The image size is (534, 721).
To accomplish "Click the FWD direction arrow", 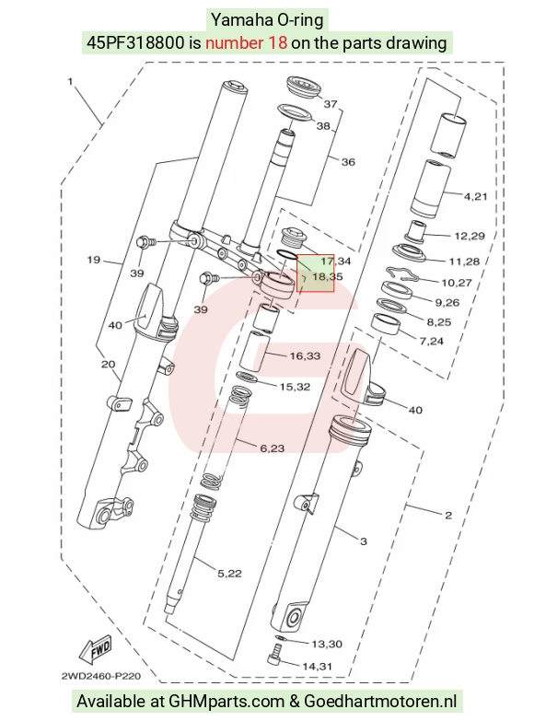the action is click(96, 650).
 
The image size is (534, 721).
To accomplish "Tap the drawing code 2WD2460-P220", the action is click(100, 676).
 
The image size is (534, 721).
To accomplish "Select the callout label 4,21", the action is click(476, 197).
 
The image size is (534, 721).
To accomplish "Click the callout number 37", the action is click(331, 104).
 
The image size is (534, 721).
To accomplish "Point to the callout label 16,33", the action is click(305, 356).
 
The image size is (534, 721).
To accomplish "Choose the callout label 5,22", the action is click(229, 574).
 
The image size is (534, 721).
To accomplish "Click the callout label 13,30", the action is click(327, 644).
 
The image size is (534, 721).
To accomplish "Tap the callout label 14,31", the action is click(318, 667).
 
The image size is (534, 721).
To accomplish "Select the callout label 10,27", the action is click(457, 283).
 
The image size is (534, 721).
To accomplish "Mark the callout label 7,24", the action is click(432, 342).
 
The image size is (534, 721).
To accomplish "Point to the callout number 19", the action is click(93, 260).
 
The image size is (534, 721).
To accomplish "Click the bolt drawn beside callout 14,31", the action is click(274, 655).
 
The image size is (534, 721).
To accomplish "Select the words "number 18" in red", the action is click(247, 42).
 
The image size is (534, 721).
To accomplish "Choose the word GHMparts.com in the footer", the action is click(226, 702).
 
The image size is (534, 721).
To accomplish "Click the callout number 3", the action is click(364, 541).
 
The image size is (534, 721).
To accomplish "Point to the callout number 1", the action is click(70, 81).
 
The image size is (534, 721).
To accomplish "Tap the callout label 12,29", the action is click(470, 236).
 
